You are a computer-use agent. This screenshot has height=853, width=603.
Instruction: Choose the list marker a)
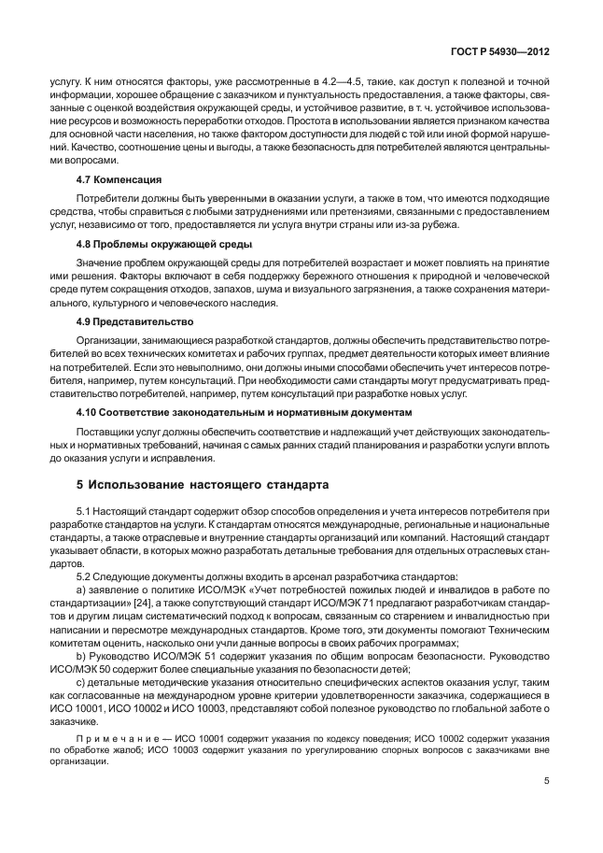point(82,591)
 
